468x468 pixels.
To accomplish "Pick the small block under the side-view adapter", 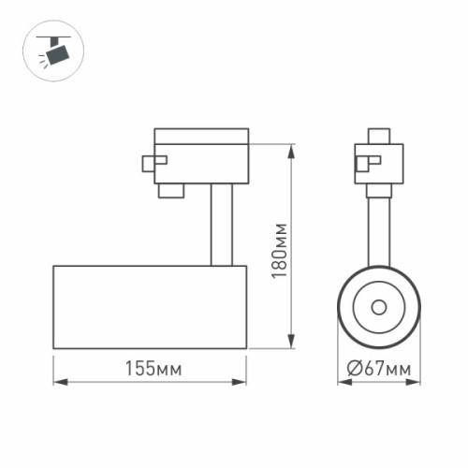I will coord(169,191).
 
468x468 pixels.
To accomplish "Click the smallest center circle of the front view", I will coord(378,306).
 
